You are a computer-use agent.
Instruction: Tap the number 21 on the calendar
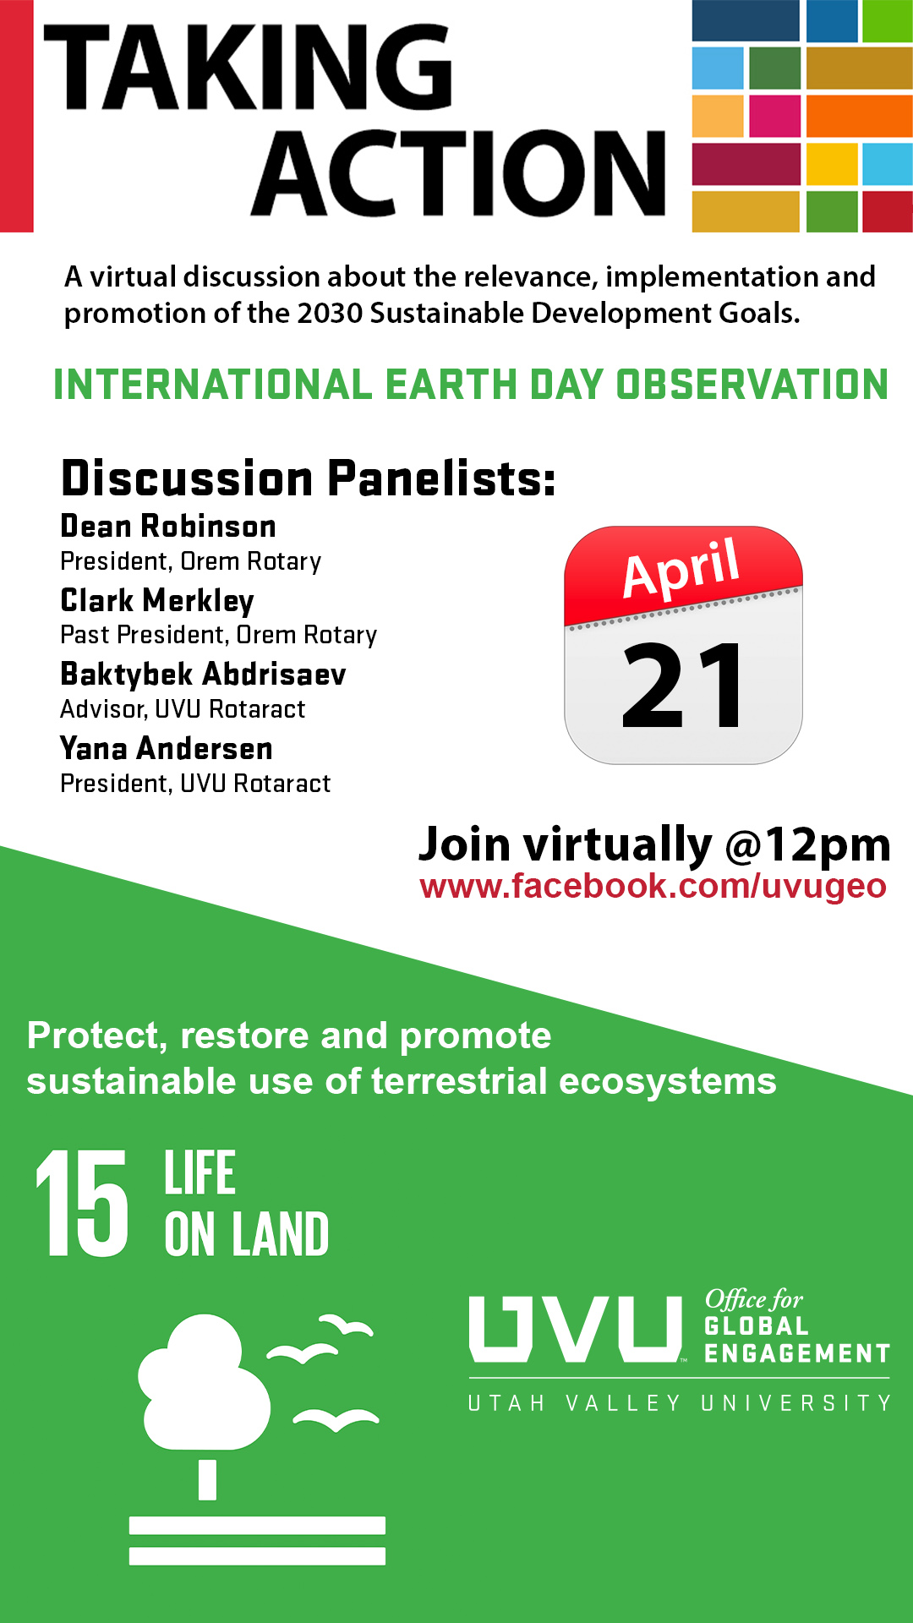click(x=682, y=686)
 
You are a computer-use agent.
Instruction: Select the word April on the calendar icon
click(x=681, y=567)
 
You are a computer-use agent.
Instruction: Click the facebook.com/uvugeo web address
click(x=653, y=886)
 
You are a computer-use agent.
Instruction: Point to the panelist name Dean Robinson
click(x=168, y=527)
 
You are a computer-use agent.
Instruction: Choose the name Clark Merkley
click(x=157, y=601)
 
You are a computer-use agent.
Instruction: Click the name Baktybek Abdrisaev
click(x=203, y=675)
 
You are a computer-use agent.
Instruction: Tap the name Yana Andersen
click(x=167, y=749)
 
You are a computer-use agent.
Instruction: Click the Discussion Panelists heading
click(x=309, y=478)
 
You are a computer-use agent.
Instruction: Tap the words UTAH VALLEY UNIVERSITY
click(x=680, y=1404)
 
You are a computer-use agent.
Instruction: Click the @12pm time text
click(x=808, y=844)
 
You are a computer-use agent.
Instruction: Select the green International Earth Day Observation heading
click(x=471, y=385)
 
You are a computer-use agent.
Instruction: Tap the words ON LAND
click(x=247, y=1235)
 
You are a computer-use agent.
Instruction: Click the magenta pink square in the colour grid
click(x=774, y=116)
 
